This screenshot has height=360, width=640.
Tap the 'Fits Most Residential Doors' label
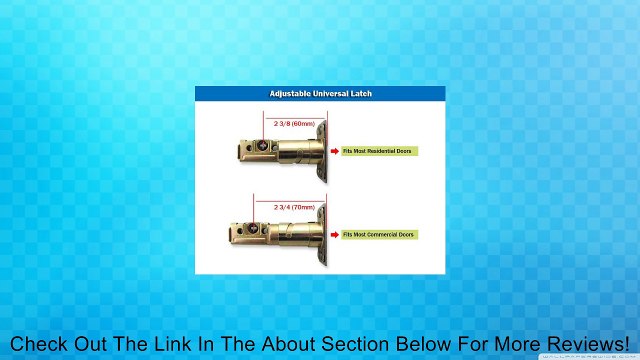[380, 151]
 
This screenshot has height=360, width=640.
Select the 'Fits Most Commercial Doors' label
[380, 234]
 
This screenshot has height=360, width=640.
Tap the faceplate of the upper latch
[318, 150]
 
